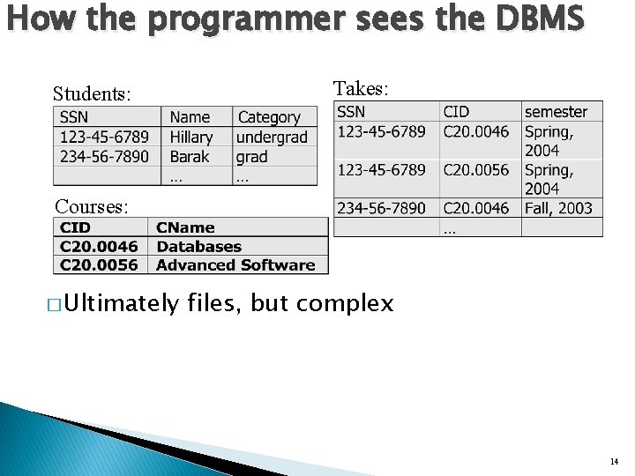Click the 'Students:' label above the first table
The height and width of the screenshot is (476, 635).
92,93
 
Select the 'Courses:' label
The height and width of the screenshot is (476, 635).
92,206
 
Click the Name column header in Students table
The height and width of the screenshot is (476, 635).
190,117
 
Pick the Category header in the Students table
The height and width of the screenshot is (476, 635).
269,117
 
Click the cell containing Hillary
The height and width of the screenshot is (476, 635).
191,138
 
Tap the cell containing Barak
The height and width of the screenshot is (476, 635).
189,157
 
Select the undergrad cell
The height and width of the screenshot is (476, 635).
272,138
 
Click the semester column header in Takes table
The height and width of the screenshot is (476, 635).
556,112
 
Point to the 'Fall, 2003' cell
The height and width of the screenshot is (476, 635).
558,208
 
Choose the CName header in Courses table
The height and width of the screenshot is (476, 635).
185,228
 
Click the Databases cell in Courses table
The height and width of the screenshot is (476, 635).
198,247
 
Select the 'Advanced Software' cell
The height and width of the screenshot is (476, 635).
235,264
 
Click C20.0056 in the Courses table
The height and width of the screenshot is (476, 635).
99,264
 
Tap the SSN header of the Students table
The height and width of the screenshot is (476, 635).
74,117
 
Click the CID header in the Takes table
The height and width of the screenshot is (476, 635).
456,112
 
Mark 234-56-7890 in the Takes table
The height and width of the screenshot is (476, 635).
381,208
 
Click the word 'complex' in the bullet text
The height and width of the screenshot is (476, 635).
345,304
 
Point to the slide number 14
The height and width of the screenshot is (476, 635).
613,461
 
